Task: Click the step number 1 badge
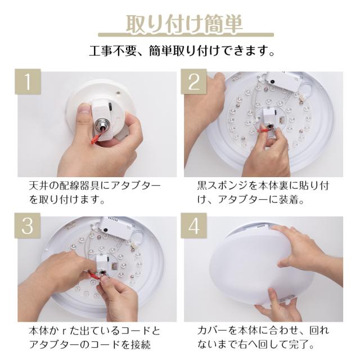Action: coord(28,81)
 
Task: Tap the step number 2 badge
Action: coord(193,81)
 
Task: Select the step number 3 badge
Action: coord(28,226)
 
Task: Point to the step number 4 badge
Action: coord(193,226)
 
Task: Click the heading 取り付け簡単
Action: coord(184,24)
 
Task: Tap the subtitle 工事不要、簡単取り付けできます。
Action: coord(182,51)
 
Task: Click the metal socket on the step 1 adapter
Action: coord(101,124)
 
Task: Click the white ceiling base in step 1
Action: coord(101,108)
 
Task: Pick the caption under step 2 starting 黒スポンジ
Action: coord(263,192)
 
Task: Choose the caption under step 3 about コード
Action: coord(94,337)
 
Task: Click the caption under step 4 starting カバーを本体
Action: coord(263,337)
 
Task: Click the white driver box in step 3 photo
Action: coord(116,227)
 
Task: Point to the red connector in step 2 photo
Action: coord(262,131)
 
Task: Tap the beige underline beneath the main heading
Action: coord(186,35)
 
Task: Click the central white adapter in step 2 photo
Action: coord(271,116)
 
